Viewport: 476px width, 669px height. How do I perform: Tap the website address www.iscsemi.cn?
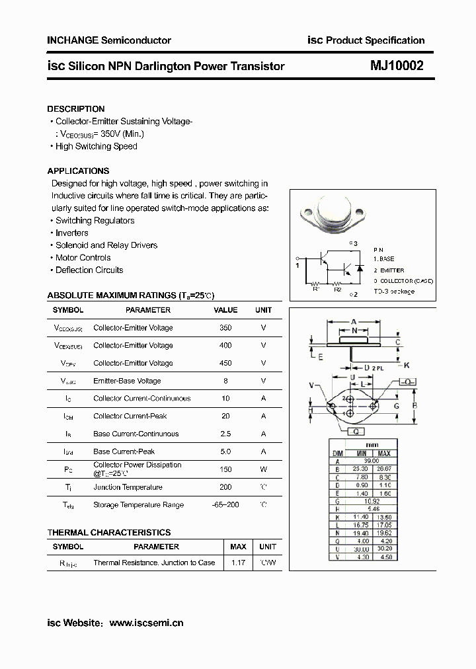pyautogui.click(x=146, y=623)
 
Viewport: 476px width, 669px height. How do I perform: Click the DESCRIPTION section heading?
pyautogui.click(x=75, y=109)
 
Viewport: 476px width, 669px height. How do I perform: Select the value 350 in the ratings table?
pyautogui.click(x=225, y=328)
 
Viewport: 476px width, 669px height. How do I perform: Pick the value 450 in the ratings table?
pyautogui.click(x=225, y=363)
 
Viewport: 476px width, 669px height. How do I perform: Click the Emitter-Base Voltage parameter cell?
pyautogui.click(x=127, y=381)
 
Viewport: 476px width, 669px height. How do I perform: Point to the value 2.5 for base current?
pyautogui.click(x=225, y=434)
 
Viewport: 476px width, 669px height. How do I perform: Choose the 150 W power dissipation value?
pyautogui.click(x=225, y=469)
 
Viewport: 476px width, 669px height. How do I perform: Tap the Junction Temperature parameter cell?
pyautogui.click(x=128, y=487)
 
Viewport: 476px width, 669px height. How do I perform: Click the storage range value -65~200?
pyautogui.click(x=225, y=505)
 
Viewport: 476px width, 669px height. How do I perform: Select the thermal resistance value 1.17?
pyautogui.click(x=237, y=563)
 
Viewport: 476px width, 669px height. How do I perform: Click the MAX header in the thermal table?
pyautogui.click(x=237, y=547)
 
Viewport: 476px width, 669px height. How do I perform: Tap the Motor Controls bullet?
pyautogui.click(x=83, y=258)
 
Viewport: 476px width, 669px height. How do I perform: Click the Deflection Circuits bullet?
pyautogui.click(x=89, y=270)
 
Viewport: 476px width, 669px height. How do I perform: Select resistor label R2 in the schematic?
pyautogui.click(x=337, y=288)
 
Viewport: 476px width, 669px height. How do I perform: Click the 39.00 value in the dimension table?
pyautogui.click(x=373, y=461)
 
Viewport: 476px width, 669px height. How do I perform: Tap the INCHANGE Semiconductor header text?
pyautogui.click(x=109, y=40)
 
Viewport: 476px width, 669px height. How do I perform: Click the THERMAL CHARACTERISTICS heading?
pyautogui.click(x=109, y=532)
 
